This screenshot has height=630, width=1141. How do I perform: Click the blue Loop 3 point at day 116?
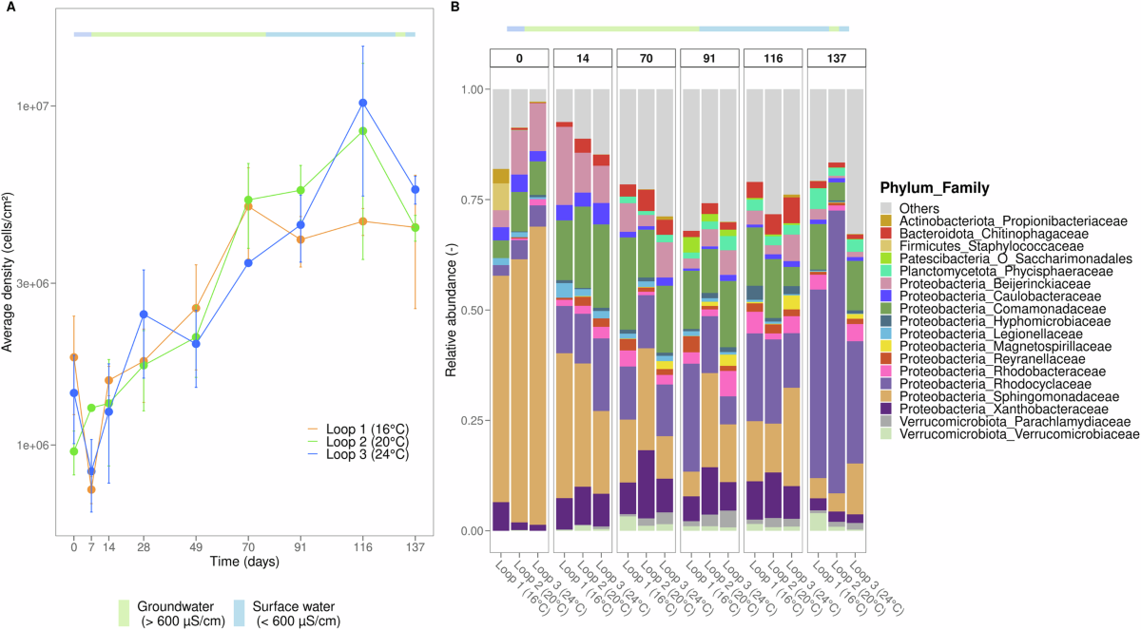[x=362, y=103]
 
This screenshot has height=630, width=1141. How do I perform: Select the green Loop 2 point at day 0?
[x=74, y=451]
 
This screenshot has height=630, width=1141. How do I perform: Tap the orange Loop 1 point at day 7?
[x=91, y=489]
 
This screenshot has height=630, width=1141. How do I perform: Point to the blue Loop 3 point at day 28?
[x=144, y=315]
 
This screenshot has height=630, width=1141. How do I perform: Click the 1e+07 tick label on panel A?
[x=31, y=106]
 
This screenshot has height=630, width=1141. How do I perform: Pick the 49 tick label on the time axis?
[x=196, y=547]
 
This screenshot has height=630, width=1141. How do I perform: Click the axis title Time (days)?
[x=245, y=562]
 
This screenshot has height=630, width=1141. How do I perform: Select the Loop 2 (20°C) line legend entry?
[x=358, y=442]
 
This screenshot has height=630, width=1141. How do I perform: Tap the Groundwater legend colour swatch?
[x=124, y=613]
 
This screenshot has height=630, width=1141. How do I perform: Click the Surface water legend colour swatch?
[x=240, y=613]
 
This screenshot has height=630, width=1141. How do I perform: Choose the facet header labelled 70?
[x=646, y=59]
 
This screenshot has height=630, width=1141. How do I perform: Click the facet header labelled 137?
[x=837, y=59]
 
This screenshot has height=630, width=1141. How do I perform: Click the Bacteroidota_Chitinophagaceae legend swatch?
[x=886, y=234]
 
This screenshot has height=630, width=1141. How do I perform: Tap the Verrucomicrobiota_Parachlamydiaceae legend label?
[x=1015, y=422]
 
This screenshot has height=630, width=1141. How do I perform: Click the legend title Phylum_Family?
[x=935, y=188]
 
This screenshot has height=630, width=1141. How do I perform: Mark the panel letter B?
[x=454, y=7]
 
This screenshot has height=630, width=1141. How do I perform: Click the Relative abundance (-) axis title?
[x=451, y=310]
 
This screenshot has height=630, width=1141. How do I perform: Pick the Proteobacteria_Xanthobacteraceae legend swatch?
[x=886, y=410]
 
